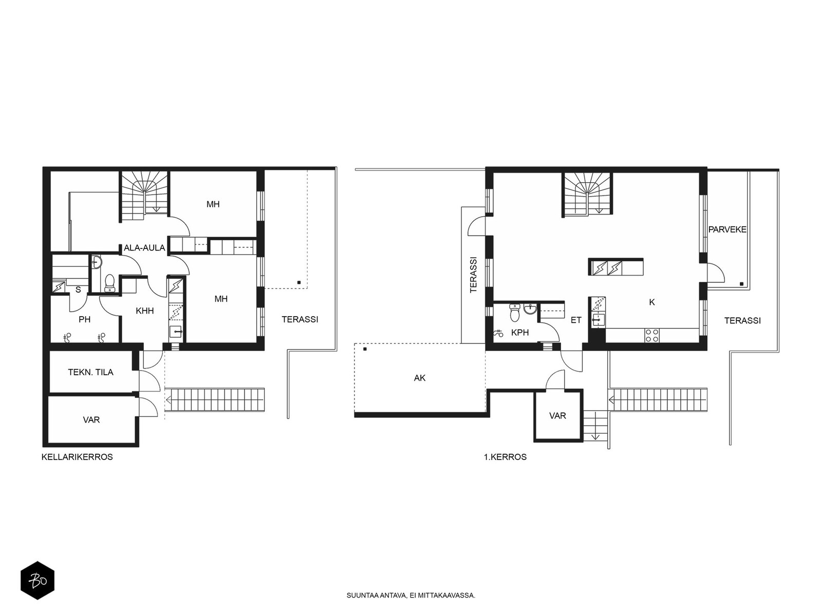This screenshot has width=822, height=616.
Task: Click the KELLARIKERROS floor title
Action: point(77,457)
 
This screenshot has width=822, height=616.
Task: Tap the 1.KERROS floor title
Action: point(505,457)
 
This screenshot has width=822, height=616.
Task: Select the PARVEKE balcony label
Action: point(727,229)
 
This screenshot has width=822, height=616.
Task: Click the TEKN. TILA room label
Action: point(90,372)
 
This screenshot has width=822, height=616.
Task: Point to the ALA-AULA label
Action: point(144,247)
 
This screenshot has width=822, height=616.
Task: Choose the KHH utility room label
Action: point(145,311)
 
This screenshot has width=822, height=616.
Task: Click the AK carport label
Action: point(419,378)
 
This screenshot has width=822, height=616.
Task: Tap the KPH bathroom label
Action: point(520,333)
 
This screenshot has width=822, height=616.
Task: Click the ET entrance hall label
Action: point(576,320)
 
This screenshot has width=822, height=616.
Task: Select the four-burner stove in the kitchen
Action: point(652,335)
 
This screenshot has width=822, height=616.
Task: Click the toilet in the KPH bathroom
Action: point(515,313)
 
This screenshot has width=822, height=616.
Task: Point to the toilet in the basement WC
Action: point(110,283)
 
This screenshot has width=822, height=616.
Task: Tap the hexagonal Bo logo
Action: point(38,581)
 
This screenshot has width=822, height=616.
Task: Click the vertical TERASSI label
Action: point(473,275)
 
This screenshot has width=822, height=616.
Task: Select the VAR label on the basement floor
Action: point(91,420)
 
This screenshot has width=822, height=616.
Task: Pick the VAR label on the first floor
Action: point(557,415)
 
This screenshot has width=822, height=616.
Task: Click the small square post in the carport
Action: point(365,349)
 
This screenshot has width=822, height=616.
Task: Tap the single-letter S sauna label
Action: point(78,290)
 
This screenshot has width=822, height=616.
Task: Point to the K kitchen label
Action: point(652,302)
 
